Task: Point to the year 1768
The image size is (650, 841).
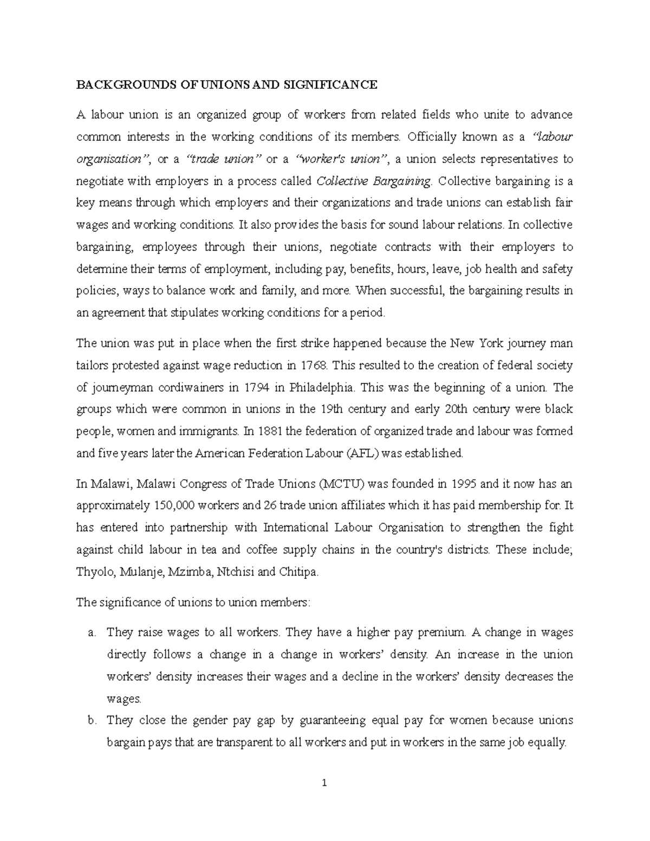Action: pos(313,366)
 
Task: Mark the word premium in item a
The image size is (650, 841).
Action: pos(444,633)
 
